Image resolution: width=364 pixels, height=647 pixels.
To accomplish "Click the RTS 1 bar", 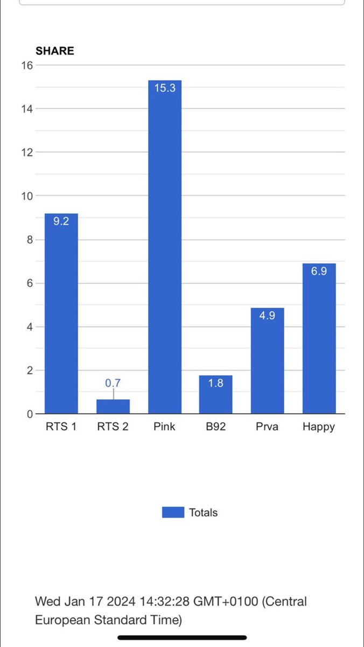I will [x=61, y=318].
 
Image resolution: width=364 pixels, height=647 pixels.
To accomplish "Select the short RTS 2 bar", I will [x=113, y=407].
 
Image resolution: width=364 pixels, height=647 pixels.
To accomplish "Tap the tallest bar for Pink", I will [x=165, y=253].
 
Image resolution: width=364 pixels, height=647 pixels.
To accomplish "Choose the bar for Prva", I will [x=267, y=366].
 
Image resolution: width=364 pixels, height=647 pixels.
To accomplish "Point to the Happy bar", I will [x=319, y=345].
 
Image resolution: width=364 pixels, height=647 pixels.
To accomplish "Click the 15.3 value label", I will [x=165, y=88].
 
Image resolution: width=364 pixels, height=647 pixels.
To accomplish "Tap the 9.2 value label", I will [x=61, y=221].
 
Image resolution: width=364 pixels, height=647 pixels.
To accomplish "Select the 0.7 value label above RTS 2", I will [x=113, y=383].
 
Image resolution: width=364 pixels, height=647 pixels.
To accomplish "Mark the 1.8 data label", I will [x=215, y=384].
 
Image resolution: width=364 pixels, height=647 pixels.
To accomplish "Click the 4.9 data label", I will [x=267, y=316].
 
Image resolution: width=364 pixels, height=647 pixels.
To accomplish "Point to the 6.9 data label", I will [x=319, y=272].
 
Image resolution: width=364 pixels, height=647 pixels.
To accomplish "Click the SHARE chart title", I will [x=54, y=51].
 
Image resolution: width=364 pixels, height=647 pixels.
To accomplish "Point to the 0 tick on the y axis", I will [x=30, y=414].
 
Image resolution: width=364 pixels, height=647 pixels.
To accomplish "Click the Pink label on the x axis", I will [x=165, y=427].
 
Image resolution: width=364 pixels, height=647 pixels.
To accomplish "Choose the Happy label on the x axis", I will [x=319, y=427].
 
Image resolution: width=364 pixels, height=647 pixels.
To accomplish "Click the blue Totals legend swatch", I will [x=173, y=512].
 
